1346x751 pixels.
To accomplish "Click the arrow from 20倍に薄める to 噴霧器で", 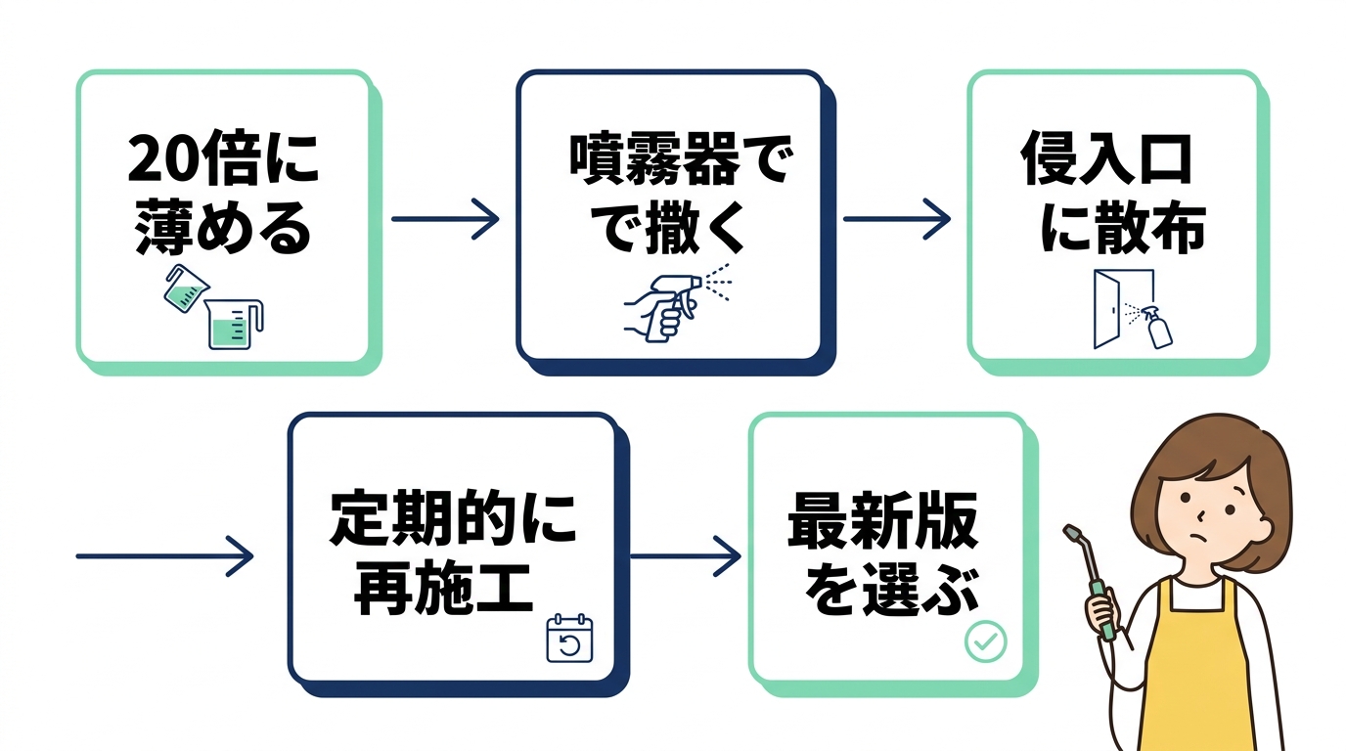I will click(x=445, y=218).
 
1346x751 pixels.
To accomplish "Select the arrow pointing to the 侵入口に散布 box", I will click(x=896, y=218).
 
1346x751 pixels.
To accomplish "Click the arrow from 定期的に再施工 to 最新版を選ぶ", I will click(x=685, y=556).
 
